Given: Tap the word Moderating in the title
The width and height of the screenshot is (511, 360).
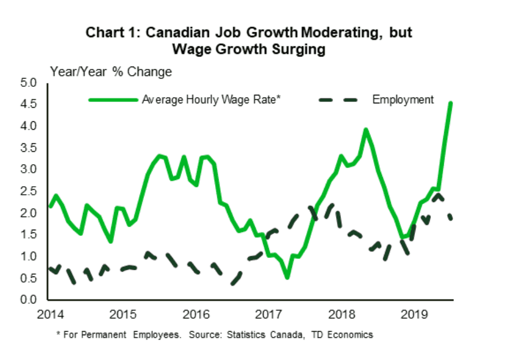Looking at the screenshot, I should pyautogui.click(x=330, y=32).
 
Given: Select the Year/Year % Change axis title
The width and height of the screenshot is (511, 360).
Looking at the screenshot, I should pyautogui.click(x=111, y=72).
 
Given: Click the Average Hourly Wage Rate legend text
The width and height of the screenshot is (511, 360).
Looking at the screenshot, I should pyautogui.click(x=212, y=100).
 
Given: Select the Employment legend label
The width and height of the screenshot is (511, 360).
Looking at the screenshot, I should pyautogui.click(x=403, y=100).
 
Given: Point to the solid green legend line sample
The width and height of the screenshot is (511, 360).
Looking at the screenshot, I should pyautogui.click(x=113, y=100).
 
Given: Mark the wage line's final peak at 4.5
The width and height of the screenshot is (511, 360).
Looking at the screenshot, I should pyautogui.click(x=450, y=103).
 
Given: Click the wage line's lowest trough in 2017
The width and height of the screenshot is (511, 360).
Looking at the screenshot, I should pyautogui.click(x=287, y=277).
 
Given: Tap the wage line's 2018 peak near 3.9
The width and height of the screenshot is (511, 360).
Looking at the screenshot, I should pyautogui.click(x=366, y=130).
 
